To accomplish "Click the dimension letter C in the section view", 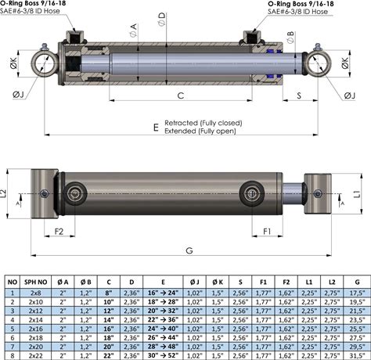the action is (x=181, y=95).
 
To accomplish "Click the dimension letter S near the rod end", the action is (x=299, y=95).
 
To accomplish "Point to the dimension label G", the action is (x=189, y=250).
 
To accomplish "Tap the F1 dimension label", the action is (x=267, y=232).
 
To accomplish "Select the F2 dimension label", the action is (x=59, y=232).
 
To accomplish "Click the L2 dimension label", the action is (x=3, y=193).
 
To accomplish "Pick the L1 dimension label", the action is (x=357, y=193).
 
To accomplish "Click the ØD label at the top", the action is (x=161, y=20).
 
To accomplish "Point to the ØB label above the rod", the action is (x=290, y=38).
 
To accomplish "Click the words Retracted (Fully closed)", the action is (x=204, y=123).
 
